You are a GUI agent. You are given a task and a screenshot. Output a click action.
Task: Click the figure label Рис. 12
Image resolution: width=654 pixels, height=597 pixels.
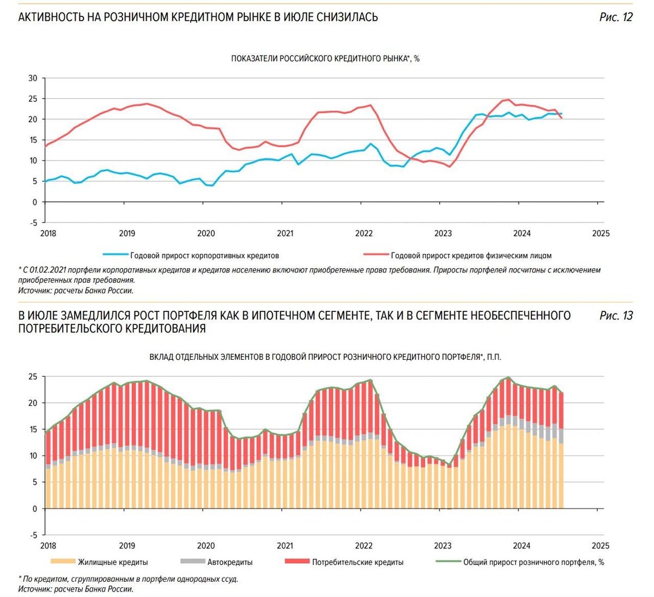click(x=616, y=17)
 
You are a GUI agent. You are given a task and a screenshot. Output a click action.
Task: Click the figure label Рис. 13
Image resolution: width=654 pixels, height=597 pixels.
click(x=616, y=316)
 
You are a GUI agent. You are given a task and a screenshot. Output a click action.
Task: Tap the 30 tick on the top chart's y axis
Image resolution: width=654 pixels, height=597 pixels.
click(x=33, y=78)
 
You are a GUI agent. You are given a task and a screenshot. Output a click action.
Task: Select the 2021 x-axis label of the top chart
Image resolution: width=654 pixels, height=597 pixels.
click(x=285, y=233)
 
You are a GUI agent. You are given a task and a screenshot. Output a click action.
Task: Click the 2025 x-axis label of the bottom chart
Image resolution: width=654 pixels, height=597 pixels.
click(x=600, y=546)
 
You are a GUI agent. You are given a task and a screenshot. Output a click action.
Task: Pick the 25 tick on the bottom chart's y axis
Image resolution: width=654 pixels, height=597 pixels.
click(x=33, y=376)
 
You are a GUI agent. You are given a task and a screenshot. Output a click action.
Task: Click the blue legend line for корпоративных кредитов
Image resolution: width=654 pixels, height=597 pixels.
click(x=115, y=255)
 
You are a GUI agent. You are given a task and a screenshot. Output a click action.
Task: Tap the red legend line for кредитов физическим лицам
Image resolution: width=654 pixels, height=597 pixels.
click(x=376, y=255)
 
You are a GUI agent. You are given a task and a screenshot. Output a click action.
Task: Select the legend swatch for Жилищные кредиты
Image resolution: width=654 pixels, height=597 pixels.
click(x=62, y=562)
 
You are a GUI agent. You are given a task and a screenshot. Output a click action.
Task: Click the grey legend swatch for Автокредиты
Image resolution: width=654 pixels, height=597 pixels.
click(x=192, y=562)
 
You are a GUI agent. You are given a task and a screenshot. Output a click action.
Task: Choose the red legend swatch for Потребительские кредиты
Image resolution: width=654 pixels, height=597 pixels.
click(x=297, y=562)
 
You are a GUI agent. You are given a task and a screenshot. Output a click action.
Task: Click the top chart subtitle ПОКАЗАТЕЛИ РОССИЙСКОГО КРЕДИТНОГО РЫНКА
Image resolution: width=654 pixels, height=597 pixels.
click(x=325, y=58)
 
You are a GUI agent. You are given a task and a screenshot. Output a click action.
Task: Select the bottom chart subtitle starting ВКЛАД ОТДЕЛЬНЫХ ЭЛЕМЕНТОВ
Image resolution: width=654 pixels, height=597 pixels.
click(x=325, y=357)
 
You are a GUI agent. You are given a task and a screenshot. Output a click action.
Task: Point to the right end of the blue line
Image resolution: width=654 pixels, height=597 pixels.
click(x=561, y=114)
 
